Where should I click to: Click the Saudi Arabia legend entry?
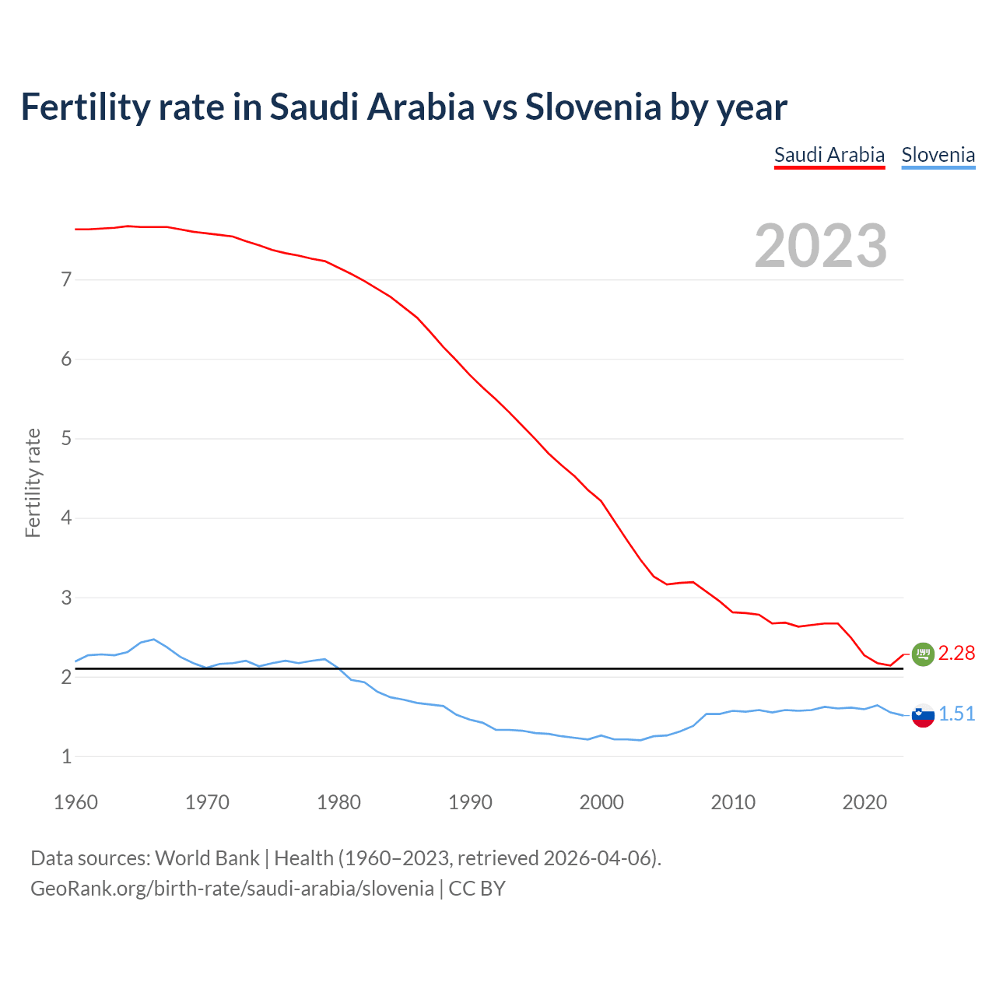tap(829, 155)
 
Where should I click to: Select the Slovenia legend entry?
tap(938, 155)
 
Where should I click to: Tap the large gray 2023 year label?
tap(821, 246)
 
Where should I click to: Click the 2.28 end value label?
tap(956, 654)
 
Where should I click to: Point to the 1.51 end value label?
tap(956, 714)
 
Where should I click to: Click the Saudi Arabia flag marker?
tap(923, 654)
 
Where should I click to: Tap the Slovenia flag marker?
tap(923, 715)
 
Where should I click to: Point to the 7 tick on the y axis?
tap(66, 279)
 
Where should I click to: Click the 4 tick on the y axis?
tap(66, 518)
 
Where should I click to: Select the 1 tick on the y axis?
tap(66, 756)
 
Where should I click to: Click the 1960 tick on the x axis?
tap(75, 802)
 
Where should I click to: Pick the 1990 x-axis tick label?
tap(470, 802)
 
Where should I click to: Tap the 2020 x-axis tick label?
tap(864, 802)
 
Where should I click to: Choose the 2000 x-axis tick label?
tap(601, 802)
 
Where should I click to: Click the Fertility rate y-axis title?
tap(33, 482)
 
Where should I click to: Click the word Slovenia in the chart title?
tap(593, 107)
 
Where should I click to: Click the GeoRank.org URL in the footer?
tap(232, 889)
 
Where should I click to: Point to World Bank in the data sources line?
tap(207, 858)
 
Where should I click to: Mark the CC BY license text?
tap(477, 889)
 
